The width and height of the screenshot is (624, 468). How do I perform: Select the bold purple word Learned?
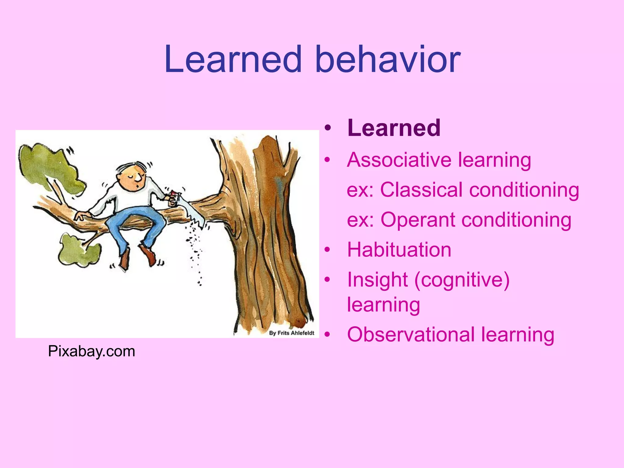(394, 128)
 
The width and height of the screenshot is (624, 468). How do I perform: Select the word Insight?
(377, 280)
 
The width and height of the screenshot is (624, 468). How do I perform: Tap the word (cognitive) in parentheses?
(461, 280)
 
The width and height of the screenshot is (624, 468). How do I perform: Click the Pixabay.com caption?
(91, 351)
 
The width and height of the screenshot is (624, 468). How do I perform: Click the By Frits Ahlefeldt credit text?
(291, 333)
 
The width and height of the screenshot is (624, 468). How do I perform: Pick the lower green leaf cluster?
(78, 250)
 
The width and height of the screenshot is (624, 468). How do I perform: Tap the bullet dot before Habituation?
(327, 250)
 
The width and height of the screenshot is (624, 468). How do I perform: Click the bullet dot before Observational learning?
(327, 335)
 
